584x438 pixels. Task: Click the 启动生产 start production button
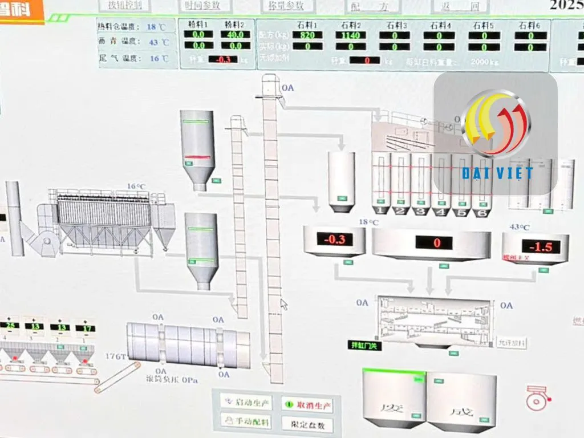(x=247, y=403)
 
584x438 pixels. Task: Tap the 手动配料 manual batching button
(x=247, y=422)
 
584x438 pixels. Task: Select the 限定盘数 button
(x=307, y=424)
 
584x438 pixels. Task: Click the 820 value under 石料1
(x=307, y=35)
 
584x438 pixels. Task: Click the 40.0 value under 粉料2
(x=236, y=34)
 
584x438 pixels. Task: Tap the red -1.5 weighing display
(x=536, y=246)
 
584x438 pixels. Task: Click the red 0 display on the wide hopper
(x=437, y=243)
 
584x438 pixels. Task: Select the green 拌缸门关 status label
(x=365, y=346)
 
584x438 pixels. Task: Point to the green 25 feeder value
(x=10, y=326)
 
